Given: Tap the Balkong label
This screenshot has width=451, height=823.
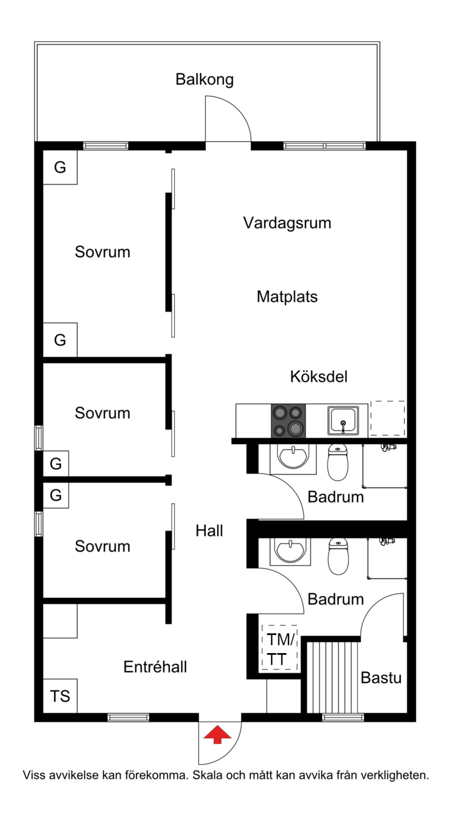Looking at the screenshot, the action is (x=205, y=80).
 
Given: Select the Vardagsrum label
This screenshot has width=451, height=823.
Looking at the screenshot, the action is (x=287, y=223).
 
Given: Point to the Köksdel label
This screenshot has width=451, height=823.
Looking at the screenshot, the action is (x=319, y=377).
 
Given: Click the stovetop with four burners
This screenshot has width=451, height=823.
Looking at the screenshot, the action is (x=288, y=421).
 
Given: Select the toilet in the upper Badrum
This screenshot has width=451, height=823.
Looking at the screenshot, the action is (x=338, y=462).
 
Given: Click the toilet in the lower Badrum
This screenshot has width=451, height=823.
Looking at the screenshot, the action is (x=338, y=556).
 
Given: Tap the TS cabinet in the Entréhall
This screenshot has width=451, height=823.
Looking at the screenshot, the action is (x=60, y=696).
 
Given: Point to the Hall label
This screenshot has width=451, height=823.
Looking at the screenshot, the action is (x=209, y=531).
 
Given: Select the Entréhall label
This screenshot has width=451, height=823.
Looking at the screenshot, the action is (x=155, y=667).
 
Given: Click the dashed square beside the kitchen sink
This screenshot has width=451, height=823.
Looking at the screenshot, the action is (x=388, y=418).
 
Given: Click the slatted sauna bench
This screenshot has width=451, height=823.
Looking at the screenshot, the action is (x=332, y=677).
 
